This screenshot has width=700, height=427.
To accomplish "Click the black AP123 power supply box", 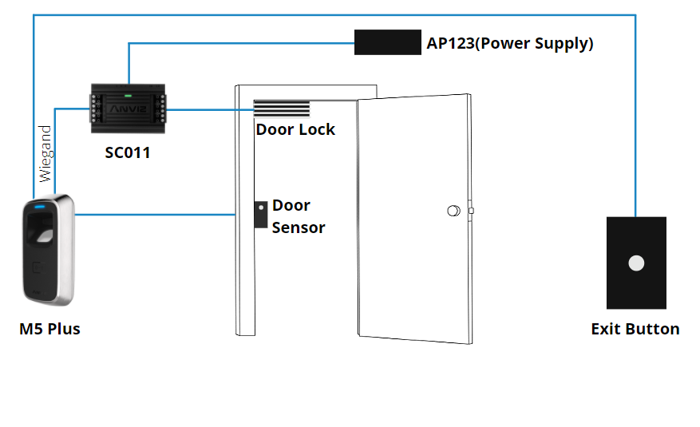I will pos(387,42).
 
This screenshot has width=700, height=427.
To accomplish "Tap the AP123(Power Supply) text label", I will pos(510,43).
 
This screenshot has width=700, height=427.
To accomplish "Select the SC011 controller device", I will pos(128,107).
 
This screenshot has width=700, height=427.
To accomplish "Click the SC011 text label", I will pos(128,152).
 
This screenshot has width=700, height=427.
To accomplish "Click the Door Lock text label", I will pos(295,129).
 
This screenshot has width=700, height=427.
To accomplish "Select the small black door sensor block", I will pos(260,214).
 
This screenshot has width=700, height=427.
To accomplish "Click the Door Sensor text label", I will pos(298,216).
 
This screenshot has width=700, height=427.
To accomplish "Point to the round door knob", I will pos(453,212).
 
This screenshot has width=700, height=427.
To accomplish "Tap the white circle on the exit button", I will pos(636,263).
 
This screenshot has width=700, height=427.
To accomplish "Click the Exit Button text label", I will pos(635,329).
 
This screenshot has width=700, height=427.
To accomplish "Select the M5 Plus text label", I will pos(50,329).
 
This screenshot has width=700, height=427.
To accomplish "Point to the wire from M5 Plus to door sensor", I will pos(156,214).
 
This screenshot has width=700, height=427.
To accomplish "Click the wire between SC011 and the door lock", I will pos(210,109).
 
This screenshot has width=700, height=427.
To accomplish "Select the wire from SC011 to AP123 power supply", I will pos(239,44).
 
